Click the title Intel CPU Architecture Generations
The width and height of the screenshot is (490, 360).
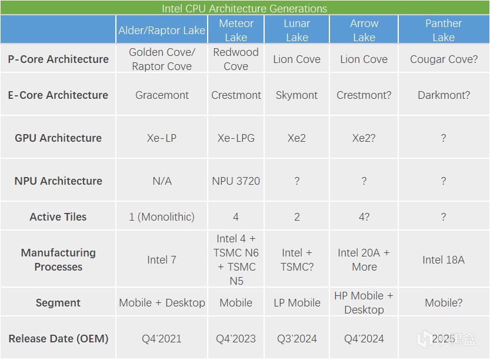[x=244, y=8]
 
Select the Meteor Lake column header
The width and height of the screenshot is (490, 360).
[x=236, y=31]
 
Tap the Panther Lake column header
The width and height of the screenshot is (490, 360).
[x=444, y=31]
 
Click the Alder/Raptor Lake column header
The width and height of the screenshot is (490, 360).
[x=162, y=31]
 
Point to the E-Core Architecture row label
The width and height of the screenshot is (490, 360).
[x=58, y=95]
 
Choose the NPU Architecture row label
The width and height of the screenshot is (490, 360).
[x=58, y=181]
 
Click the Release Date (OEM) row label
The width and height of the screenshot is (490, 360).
[x=58, y=338]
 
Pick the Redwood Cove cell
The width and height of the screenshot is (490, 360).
[x=236, y=59]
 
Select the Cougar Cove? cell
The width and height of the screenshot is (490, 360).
[x=444, y=59]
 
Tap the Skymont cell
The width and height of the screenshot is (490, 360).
[x=296, y=95]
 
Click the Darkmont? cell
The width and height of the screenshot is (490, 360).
[x=444, y=95]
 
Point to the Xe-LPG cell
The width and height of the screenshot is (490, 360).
[x=236, y=138]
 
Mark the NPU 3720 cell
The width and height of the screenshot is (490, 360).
[x=236, y=181]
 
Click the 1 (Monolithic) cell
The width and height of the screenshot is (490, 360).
[x=162, y=217]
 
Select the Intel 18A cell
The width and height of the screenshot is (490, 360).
[x=444, y=259]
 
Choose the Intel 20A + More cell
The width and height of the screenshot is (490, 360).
[x=364, y=259]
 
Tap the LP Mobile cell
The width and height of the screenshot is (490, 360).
[x=297, y=302]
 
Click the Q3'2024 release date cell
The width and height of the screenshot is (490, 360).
[x=297, y=338]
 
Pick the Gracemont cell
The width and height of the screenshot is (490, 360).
[x=162, y=95]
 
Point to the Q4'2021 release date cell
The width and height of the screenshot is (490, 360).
[x=162, y=338]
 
